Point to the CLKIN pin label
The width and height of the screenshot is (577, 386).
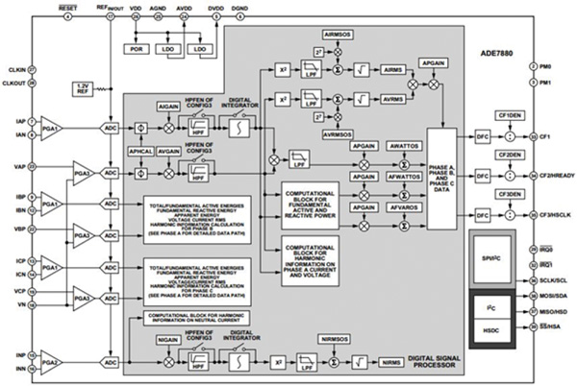pos(14,70)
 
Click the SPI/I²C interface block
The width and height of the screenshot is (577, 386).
pos(491,260)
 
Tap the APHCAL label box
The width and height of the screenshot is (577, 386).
pos(142,151)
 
